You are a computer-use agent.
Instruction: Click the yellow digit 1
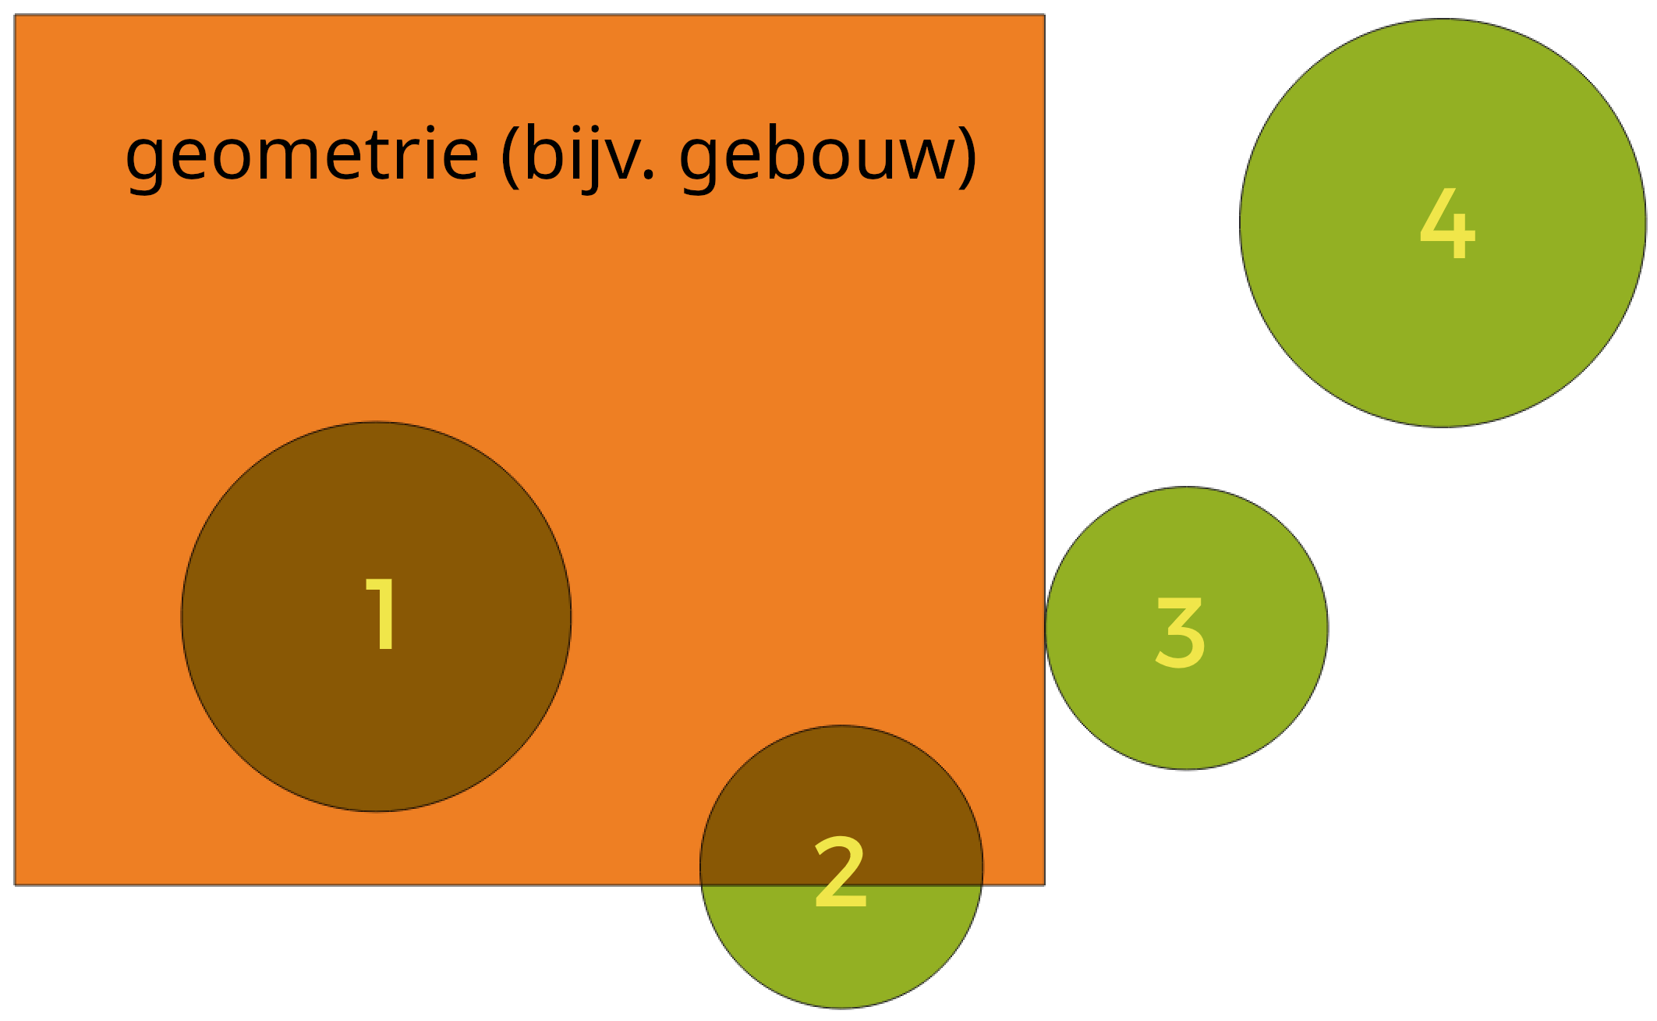(381, 614)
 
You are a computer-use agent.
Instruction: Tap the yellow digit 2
(841, 872)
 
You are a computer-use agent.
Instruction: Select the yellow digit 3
(1181, 633)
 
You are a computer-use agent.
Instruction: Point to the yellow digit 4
(1448, 223)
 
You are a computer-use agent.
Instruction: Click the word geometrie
(302, 155)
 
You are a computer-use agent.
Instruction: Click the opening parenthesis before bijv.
(511, 155)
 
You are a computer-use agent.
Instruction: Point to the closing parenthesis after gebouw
(968, 155)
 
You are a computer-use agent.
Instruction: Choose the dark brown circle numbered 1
(376, 617)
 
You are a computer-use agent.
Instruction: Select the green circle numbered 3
(1187, 629)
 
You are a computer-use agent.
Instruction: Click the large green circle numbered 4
(1443, 223)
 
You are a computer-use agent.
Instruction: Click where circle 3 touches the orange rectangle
(1045, 629)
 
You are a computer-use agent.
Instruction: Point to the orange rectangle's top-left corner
(15, 15)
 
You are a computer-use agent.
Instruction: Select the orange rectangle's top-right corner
(1045, 15)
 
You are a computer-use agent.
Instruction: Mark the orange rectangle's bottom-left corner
(15, 885)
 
